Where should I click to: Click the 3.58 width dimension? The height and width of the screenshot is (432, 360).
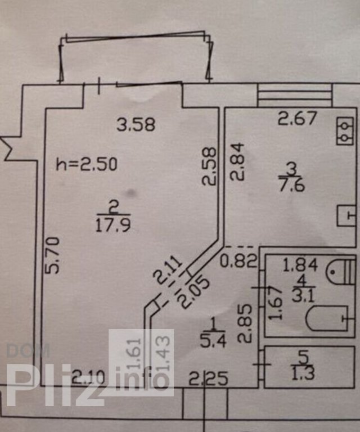click(x=136, y=124)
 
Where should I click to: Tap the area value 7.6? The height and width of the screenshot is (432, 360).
click(x=291, y=184)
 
